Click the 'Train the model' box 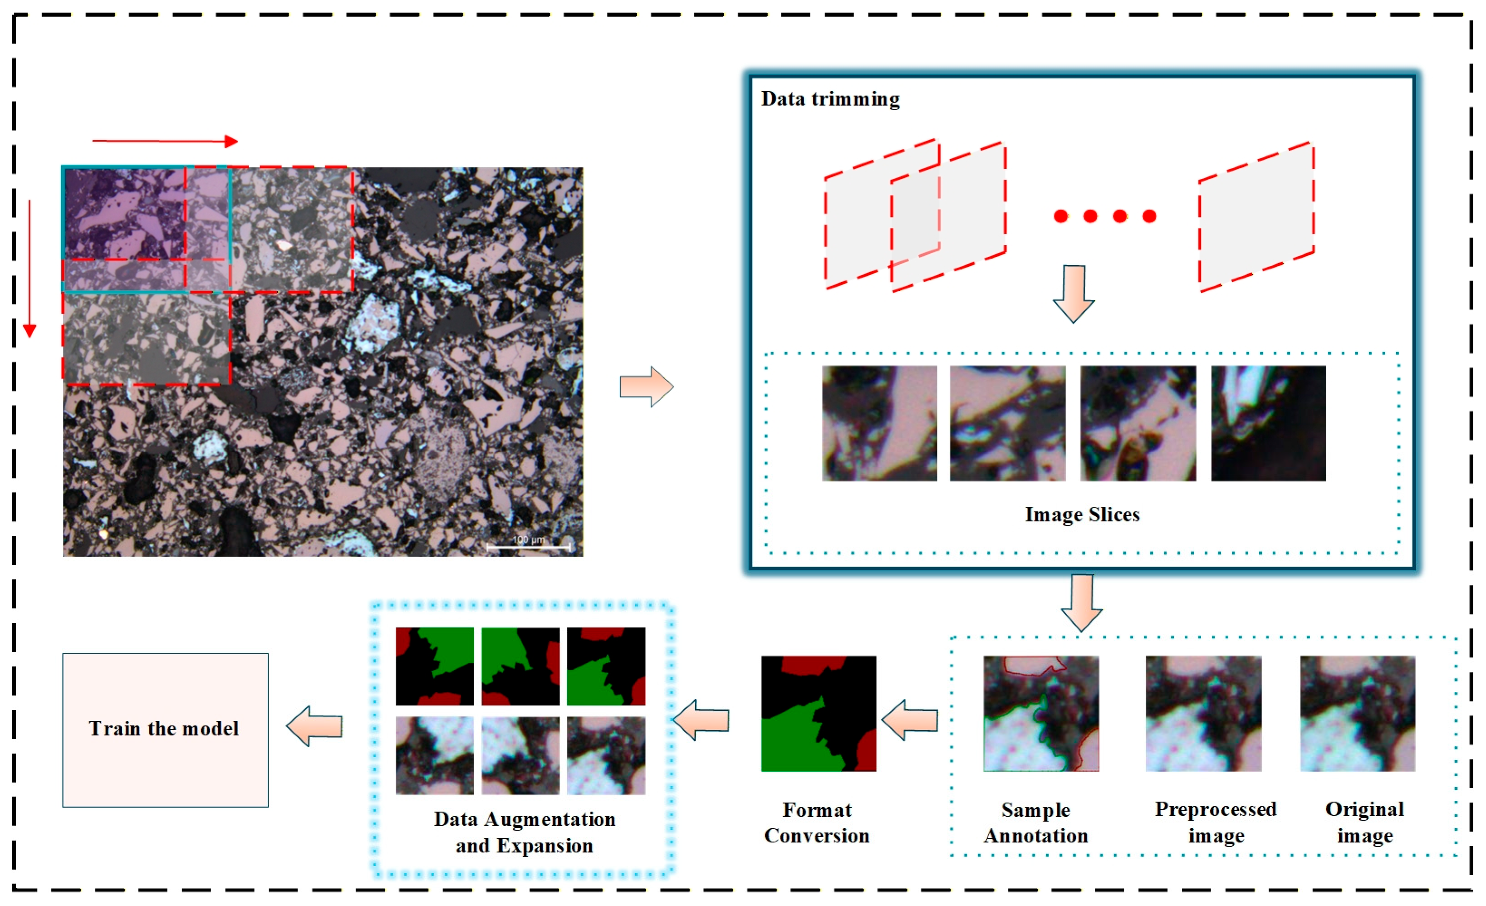click(165, 730)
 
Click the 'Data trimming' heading click(830, 99)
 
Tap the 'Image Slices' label click(1083, 514)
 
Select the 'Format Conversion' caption click(817, 823)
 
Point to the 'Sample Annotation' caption click(1036, 823)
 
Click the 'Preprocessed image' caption click(1216, 823)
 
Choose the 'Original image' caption click(1365, 823)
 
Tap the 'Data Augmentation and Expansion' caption click(525, 833)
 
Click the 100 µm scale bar click(528, 547)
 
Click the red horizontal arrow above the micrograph click(165, 141)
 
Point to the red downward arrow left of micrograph click(29, 269)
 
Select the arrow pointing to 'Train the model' click(314, 726)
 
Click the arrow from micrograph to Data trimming click(647, 387)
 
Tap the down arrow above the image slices click(1074, 294)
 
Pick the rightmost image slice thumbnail click(1269, 423)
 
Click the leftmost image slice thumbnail click(880, 423)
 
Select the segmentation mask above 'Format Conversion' click(819, 714)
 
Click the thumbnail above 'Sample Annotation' click(1041, 714)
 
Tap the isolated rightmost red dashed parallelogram click(1257, 217)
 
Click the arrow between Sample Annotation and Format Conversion click(909, 720)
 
